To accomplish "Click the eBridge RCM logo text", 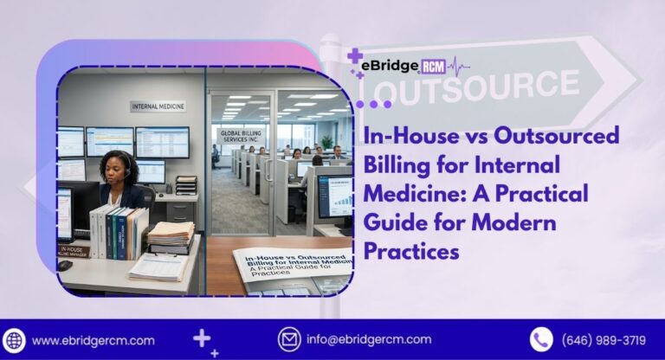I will click(407, 65).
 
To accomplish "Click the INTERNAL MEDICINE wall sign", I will click(158, 106).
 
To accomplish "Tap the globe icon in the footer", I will click(15, 339).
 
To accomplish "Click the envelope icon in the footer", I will click(288, 339).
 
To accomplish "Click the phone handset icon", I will click(541, 339).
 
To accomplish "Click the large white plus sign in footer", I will click(201, 337).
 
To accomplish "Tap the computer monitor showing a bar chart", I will click(333, 196).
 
